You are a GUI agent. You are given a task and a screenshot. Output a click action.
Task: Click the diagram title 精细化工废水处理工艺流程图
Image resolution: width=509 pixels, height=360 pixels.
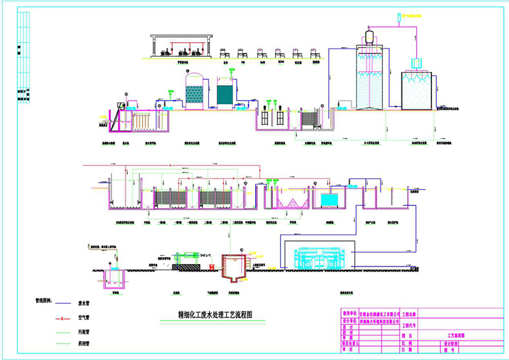pyautogui.click(x=206, y=314)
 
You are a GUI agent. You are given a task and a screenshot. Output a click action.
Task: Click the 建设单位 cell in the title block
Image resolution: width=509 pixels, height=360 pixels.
pyautogui.click(x=351, y=314)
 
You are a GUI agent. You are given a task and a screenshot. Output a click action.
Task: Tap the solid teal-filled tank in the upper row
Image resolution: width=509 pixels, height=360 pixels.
pyautogui.click(x=225, y=94)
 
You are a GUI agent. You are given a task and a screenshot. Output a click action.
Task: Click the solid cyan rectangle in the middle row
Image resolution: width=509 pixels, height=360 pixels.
pyautogui.click(x=330, y=200)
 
